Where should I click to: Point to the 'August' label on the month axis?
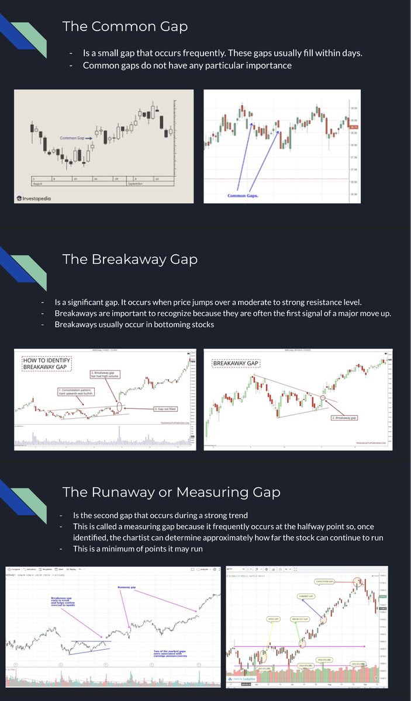39,183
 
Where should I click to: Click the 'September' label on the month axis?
136,183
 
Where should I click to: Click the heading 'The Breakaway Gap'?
130,259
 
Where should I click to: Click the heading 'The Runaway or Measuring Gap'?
171,492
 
